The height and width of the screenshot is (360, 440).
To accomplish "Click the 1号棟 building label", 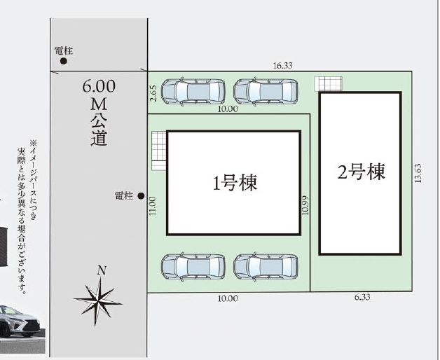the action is (235, 184).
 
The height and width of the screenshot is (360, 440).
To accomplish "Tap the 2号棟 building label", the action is (361, 172).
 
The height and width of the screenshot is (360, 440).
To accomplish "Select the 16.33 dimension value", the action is (282, 66).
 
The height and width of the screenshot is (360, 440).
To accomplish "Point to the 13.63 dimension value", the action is (418, 173).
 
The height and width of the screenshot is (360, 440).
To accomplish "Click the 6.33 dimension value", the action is (362, 297).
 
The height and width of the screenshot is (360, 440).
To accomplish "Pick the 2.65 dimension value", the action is (153, 94).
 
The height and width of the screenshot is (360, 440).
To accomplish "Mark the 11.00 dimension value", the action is (152, 206).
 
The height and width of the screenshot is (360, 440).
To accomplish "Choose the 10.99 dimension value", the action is (305, 205).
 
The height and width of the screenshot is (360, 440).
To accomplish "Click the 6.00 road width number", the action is (99, 86).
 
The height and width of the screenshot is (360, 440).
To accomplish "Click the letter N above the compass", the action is (102, 270).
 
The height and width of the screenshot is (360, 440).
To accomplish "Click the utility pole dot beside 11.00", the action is (141, 196).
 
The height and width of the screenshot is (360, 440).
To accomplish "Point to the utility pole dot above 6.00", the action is (64, 61).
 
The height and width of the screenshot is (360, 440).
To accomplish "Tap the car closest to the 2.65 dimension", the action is (193, 92).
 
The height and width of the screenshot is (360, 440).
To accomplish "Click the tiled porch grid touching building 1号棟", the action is (159, 151).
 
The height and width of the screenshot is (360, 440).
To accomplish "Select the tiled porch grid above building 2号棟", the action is (328, 83).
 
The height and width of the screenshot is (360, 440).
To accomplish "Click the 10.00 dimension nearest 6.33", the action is (228, 298).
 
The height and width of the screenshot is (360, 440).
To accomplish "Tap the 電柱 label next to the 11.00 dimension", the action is (123, 196).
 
